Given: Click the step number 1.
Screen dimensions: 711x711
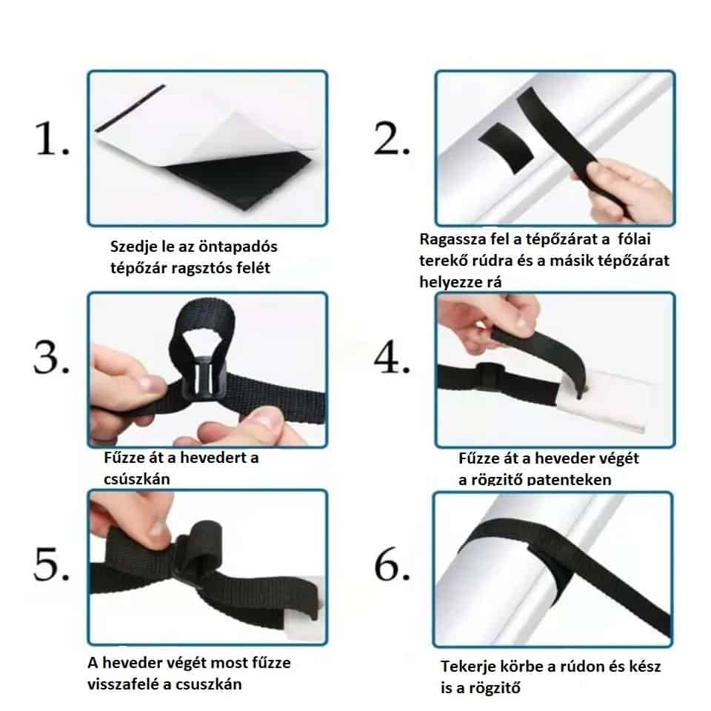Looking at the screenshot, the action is click(x=52, y=138).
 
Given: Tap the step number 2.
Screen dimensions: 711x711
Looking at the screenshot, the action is click(x=392, y=138).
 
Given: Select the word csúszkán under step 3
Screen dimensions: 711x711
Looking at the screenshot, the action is click(x=137, y=479).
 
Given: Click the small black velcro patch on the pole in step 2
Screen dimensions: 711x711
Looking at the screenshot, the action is click(x=507, y=147).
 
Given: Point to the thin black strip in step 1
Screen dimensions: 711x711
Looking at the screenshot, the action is click(x=130, y=108).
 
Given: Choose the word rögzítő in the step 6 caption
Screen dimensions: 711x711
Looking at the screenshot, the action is click(x=495, y=688).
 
